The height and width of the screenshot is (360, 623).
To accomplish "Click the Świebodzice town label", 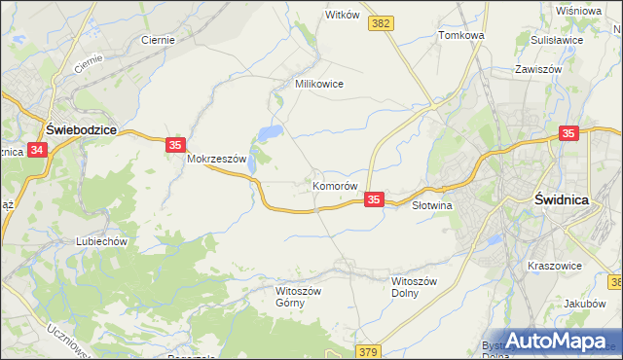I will coord(82,127).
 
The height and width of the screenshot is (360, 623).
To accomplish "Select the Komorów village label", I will coord(337,185).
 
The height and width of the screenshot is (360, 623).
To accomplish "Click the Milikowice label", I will coord(319,84).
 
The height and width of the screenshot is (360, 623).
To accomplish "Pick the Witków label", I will coord(343,16).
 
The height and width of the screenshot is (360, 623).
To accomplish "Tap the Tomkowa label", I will coord(461,35).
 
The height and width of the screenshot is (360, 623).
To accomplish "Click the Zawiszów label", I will coord(540,70).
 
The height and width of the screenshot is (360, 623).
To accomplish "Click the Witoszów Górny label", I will coord(297,297).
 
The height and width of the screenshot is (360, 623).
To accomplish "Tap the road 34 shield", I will coord(37,150).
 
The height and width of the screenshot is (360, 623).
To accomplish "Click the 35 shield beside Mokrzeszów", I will coord(174,145).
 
